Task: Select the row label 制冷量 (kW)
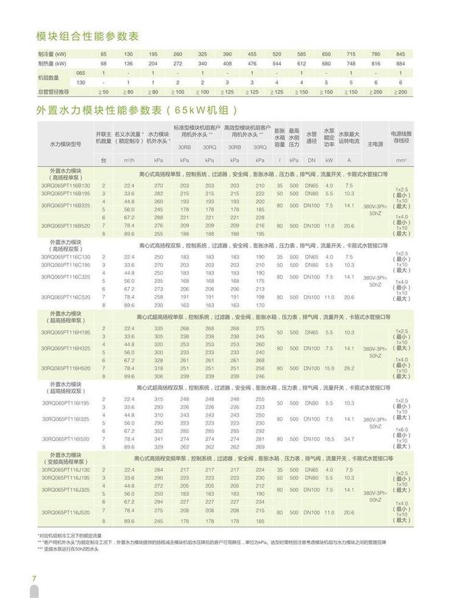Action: (52, 55)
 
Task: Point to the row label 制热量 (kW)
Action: (52, 63)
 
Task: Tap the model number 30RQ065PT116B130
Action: (65, 185)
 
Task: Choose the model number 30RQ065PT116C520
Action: (65, 297)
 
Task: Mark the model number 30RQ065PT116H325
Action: (65, 349)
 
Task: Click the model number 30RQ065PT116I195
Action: (65, 403)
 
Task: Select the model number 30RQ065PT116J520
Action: (65, 512)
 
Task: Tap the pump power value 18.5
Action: (329, 439)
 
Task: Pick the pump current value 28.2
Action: (349, 368)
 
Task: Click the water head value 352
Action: (158, 431)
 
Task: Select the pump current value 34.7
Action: (349, 439)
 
